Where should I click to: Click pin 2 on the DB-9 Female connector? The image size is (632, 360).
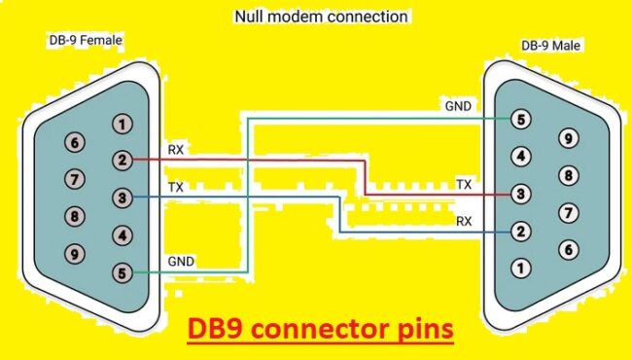121,160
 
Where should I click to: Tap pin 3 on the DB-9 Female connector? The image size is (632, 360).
121,198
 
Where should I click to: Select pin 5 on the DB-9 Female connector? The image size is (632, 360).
121,273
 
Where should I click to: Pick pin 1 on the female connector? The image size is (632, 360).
121,124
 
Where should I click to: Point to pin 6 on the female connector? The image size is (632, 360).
74,142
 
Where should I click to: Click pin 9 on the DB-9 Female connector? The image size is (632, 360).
74,254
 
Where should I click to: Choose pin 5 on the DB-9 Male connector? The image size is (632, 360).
522,120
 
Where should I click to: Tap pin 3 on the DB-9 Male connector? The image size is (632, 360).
522,195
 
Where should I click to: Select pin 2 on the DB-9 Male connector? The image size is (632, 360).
522,232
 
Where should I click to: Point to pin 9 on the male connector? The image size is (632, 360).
568,138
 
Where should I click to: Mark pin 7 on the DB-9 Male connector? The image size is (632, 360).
568,212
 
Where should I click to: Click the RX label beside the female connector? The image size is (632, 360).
176,150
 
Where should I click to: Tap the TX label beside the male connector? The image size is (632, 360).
465,184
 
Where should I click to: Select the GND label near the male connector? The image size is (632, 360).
457,104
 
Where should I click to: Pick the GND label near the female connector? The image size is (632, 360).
181,261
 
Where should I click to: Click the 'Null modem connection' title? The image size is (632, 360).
322,17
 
